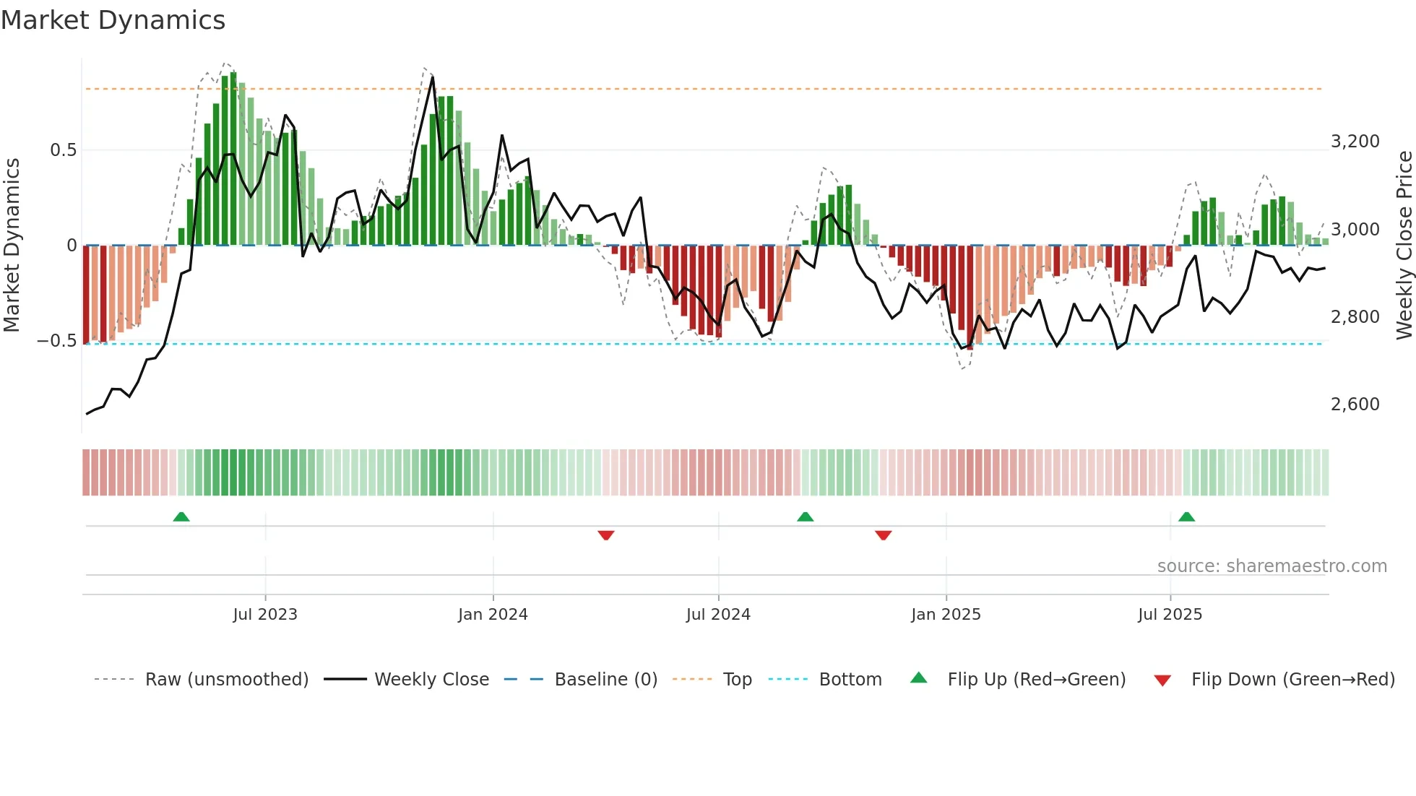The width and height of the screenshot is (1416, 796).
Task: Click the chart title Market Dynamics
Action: pyautogui.click(x=113, y=20)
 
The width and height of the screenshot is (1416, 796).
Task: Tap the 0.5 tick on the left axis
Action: pyautogui.click(x=63, y=150)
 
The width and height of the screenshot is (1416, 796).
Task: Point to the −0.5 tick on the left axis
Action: pyautogui.click(x=57, y=341)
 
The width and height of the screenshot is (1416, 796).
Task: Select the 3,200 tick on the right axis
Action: pyautogui.click(x=1355, y=142)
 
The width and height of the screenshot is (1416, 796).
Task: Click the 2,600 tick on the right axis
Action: pyautogui.click(x=1355, y=405)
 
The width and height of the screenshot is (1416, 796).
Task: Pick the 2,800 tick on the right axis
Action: pyautogui.click(x=1355, y=317)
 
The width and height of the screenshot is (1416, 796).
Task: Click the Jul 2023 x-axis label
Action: pyautogui.click(x=265, y=615)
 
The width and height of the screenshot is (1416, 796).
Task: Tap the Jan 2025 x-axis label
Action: pyautogui.click(x=946, y=615)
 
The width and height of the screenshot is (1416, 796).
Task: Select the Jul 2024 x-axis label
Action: pyautogui.click(x=718, y=615)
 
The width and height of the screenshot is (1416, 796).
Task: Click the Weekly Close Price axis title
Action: pyautogui.click(x=1404, y=246)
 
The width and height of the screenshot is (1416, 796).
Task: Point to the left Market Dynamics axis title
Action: pyautogui.click(x=12, y=246)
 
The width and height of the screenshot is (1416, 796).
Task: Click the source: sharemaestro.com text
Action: pyautogui.click(x=1272, y=566)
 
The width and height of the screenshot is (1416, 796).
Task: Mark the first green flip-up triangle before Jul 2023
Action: pyautogui.click(x=181, y=516)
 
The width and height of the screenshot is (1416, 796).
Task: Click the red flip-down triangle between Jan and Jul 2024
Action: pyautogui.click(x=606, y=535)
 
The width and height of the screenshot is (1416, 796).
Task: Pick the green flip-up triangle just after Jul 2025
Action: pyautogui.click(x=1186, y=516)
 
